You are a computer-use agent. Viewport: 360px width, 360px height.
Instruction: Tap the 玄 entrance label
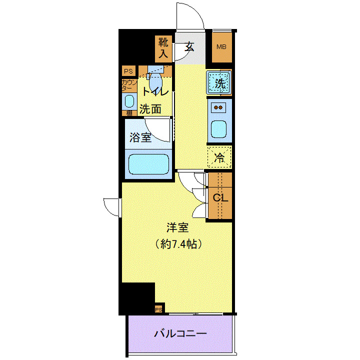pyautogui.click(x=189, y=47)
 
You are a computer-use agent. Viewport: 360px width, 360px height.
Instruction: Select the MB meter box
pyautogui.click(x=221, y=47)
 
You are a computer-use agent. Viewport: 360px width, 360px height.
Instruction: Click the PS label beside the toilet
pyautogui.click(x=128, y=71)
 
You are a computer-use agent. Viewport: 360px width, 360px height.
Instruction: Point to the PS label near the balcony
pyautogui.click(x=158, y=310)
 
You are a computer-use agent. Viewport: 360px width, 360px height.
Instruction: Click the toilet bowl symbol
pyautogui.click(x=155, y=79)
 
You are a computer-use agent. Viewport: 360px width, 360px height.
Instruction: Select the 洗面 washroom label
pyautogui.click(x=150, y=109)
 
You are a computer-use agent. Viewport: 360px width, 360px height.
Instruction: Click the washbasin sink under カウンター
pyautogui.click(x=129, y=101)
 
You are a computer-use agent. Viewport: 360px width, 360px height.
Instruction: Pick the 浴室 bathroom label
pyautogui.click(x=140, y=137)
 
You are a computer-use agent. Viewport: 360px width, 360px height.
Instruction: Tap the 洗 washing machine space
pyautogui.click(x=219, y=83)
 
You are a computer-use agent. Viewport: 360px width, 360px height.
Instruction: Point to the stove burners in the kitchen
pyautogui.click(x=219, y=107)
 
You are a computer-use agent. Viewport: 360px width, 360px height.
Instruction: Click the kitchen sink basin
pyautogui.click(x=219, y=129)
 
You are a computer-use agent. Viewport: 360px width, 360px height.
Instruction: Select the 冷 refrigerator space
pyautogui.click(x=219, y=158)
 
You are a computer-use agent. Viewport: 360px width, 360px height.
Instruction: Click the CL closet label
pyautogui.click(x=220, y=197)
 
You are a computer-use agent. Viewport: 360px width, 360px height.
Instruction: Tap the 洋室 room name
pyautogui.click(x=177, y=228)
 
